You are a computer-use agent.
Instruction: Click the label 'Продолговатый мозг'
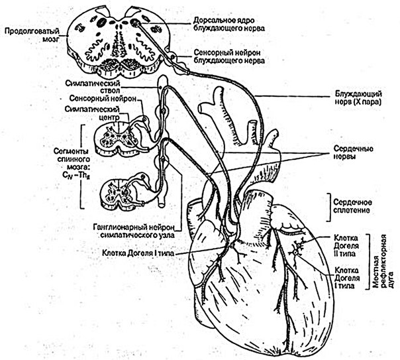(32, 35)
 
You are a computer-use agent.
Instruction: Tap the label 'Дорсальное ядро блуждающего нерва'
(229, 24)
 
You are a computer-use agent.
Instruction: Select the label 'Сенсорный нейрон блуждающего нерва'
(229, 56)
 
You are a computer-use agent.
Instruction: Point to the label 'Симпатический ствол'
(92, 87)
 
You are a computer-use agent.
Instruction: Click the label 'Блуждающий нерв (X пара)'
(358, 97)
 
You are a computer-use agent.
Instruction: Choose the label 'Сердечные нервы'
(354, 152)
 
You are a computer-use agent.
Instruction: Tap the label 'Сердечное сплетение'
(352, 207)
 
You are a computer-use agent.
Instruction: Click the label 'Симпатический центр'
(92, 113)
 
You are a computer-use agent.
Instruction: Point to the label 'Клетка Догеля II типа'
(346, 245)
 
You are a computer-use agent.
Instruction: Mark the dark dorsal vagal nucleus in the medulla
(134, 23)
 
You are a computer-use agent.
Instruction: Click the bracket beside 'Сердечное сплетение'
(330, 207)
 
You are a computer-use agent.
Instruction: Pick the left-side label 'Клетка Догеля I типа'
(138, 253)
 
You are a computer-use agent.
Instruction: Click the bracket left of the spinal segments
(82, 166)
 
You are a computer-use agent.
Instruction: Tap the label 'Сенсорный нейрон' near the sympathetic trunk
(103, 99)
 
